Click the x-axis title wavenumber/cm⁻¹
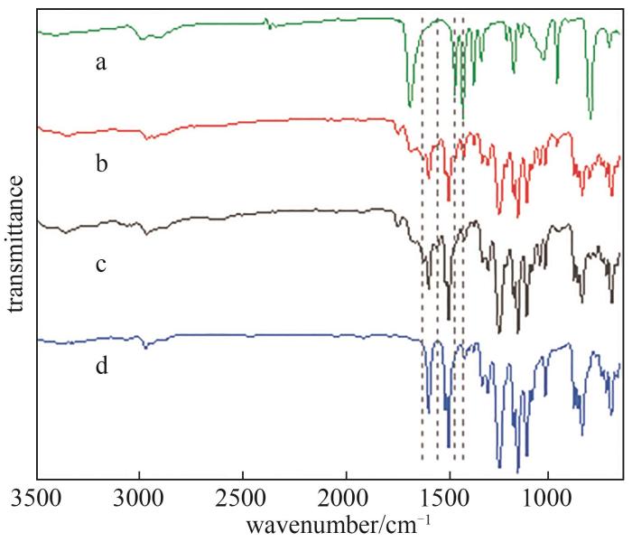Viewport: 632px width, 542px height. tap(330, 524)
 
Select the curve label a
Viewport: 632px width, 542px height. tap(102, 63)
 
